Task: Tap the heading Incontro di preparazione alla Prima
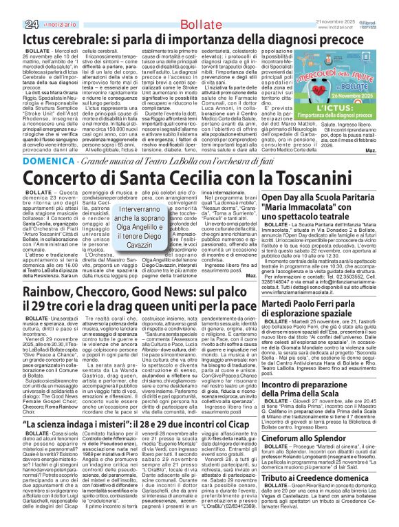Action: (324, 408)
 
